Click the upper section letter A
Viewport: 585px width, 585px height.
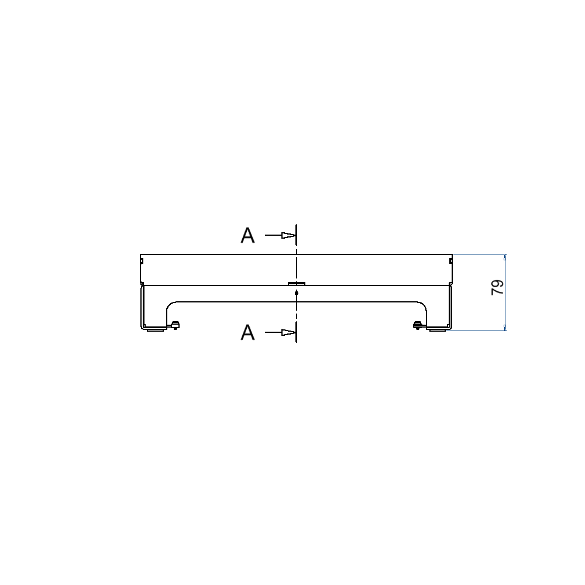247,235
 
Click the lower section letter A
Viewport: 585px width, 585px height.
247,332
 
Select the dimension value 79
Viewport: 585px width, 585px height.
497,287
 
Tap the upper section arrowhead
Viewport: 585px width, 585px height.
288,235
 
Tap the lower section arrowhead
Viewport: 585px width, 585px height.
288,332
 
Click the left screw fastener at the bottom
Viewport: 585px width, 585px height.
175,325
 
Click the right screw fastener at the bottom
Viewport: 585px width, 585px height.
418,325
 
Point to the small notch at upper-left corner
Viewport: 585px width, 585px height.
142,261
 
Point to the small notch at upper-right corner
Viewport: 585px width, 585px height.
450,261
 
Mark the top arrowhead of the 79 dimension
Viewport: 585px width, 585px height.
505,257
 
